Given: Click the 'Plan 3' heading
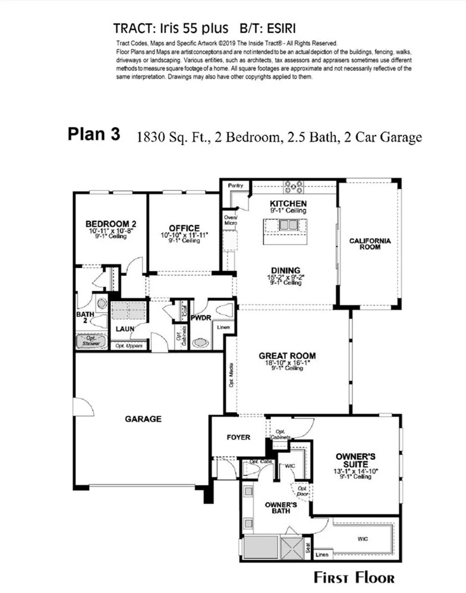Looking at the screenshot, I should (94, 134).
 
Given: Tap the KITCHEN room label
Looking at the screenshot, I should (288, 204).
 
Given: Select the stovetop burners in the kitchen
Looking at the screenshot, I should (294, 186).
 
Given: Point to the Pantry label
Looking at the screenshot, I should (235, 186).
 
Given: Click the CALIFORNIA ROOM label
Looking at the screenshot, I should (370, 243).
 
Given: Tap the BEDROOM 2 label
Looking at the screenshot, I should (111, 224).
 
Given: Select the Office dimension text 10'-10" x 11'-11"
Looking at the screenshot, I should (184, 235).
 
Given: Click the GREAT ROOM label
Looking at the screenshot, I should (287, 356).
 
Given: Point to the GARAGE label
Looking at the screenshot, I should (143, 419).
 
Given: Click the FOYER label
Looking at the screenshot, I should (238, 437).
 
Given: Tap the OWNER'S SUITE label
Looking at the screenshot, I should (355, 460).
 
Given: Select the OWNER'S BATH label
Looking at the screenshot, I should (281, 508).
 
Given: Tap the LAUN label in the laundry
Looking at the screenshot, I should (125, 329).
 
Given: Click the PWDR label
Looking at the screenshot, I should (201, 318).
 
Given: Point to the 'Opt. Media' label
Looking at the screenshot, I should (231, 375).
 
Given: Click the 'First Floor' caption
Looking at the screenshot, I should (354, 578).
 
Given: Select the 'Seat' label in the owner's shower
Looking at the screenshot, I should (308, 547).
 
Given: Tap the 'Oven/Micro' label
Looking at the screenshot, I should (230, 220).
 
